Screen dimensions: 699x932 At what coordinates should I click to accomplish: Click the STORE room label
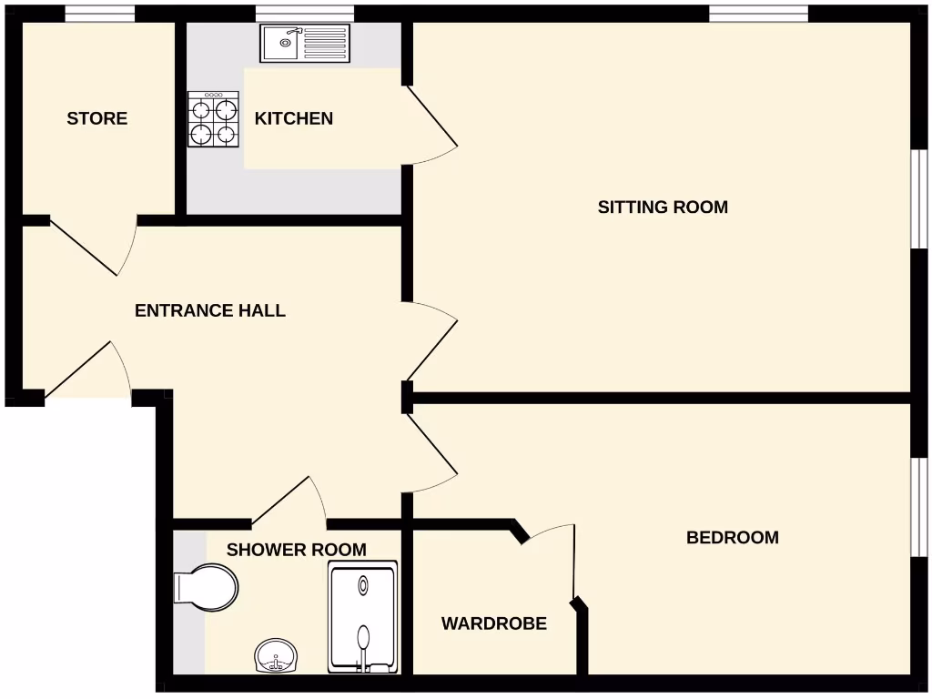point(96,118)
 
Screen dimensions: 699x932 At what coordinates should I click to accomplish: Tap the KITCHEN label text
point(293,118)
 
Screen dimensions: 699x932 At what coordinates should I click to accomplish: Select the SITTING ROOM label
point(663,207)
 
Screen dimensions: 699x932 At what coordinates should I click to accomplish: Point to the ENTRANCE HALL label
point(209,310)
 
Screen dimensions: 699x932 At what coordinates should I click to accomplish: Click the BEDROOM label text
point(732,537)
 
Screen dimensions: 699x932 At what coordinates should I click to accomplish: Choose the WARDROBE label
point(493,623)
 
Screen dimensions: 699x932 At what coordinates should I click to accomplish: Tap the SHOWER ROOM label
point(296,550)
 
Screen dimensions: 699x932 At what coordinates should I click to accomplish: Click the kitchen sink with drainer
point(305,43)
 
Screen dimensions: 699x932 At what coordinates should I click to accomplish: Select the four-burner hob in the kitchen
point(213,119)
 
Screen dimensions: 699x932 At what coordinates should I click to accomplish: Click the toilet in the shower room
point(208,586)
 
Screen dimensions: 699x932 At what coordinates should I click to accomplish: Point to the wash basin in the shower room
point(276,655)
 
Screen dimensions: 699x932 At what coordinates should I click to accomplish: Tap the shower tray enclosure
point(363,617)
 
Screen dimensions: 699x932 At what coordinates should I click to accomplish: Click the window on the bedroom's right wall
point(919,505)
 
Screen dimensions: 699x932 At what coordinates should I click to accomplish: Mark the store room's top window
point(100,13)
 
